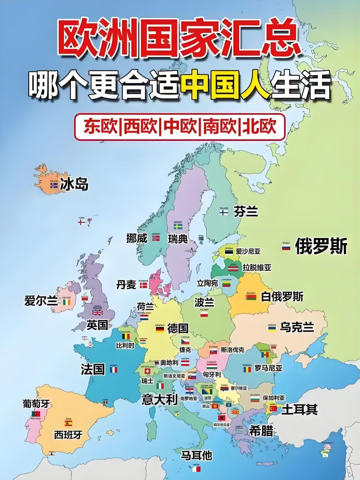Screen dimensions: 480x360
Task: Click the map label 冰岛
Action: point(74,184)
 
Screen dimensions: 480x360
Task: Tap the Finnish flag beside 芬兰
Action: point(224,212)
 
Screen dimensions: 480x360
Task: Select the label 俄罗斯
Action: point(321,246)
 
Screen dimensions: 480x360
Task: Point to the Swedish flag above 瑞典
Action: point(178,227)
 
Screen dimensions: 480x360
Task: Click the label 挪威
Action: point(137,238)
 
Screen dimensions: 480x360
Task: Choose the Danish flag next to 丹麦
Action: point(143,285)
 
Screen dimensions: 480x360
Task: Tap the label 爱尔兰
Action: point(41,301)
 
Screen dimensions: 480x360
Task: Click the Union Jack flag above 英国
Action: point(98,312)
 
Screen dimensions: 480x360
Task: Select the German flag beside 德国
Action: point(160,329)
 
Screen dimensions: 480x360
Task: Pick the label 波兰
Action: point(204,303)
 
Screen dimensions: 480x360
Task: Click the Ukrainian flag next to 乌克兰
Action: point(272,329)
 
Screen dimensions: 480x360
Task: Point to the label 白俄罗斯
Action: point(282,296)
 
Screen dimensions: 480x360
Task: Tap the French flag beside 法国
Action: point(113,370)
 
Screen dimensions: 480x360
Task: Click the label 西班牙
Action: point(68,435)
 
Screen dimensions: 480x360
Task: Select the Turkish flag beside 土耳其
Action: point(273,409)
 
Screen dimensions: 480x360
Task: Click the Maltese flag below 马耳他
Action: point(196,469)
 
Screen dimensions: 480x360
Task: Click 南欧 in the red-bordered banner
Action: point(220,127)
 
